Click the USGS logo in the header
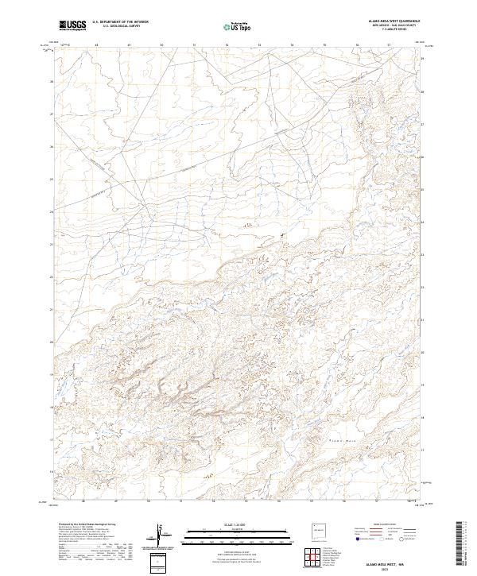tap(72, 25)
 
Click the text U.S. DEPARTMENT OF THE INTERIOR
tap(120, 23)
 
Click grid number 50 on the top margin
tap(161, 45)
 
